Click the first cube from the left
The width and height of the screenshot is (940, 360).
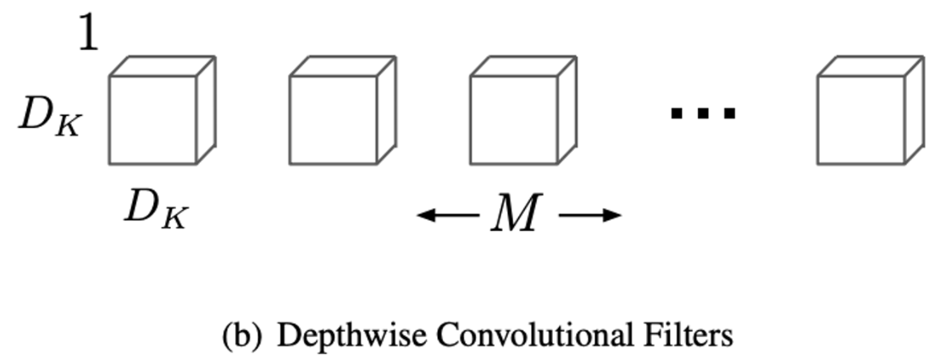tap(153, 119)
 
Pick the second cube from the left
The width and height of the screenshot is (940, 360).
tap(334, 119)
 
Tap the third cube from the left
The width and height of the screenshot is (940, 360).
tap(514, 119)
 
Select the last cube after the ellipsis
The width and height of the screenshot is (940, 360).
tap(861, 119)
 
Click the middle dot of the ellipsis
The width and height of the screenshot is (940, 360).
tap(703, 112)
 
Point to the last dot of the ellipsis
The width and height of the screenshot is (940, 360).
tap(727, 112)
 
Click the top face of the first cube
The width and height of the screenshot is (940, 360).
tap(163, 66)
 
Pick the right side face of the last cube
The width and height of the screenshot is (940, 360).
tap(913, 109)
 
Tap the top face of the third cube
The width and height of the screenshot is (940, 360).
tap(523, 66)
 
